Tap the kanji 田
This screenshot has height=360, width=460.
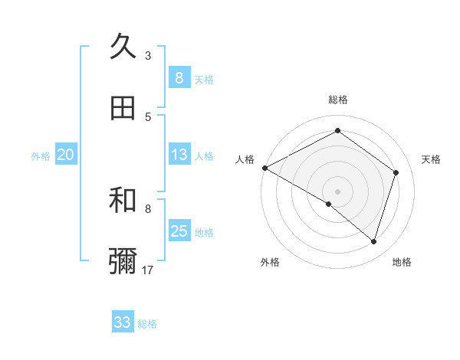tap(123, 108)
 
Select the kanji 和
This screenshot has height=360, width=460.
tap(123, 200)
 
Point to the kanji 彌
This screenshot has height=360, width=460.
tap(123, 261)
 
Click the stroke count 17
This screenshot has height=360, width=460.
tap(148, 270)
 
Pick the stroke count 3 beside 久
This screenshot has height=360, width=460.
tap(148, 55)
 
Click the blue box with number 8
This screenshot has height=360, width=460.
tap(179, 77)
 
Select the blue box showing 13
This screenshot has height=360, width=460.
tap(179, 155)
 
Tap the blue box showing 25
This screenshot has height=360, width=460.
tap(179, 231)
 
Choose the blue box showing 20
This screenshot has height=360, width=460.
tap(65, 155)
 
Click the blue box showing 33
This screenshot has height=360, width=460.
tap(123, 322)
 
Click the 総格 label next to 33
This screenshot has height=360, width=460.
tap(147, 324)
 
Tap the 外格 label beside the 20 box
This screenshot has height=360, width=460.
tap(41, 156)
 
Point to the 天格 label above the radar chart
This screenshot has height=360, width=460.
tap(431, 159)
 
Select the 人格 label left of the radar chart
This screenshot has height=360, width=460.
tap(244, 159)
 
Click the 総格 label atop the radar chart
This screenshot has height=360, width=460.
tap(337, 100)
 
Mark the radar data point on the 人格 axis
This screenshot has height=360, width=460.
tap(264, 168)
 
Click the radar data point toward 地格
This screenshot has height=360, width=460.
tap(373, 241)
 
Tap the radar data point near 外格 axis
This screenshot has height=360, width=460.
tap(329, 204)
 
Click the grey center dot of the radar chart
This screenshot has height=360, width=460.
tap(337, 191)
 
